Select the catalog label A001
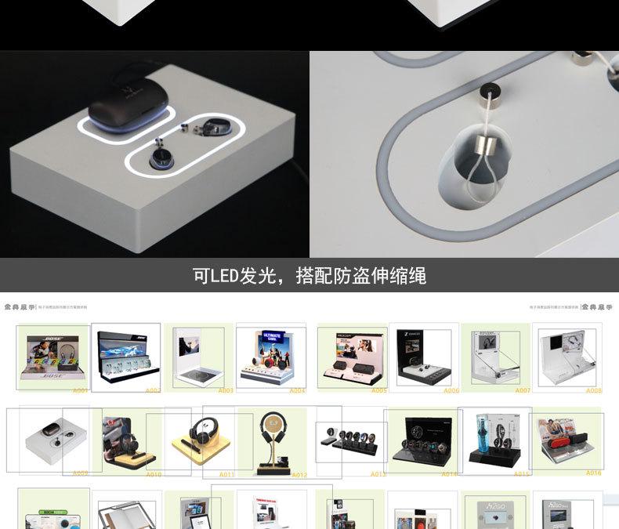click(x=80, y=390)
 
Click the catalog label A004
click(x=298, y=390)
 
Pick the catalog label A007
click(x=523, y=390)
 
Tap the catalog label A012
click(x=299, y=475)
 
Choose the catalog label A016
click(x=593, y=473)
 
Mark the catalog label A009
click(x=80, y=473)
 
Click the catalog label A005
click(x=379, y=390)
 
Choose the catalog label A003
click(x=226, y=390)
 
